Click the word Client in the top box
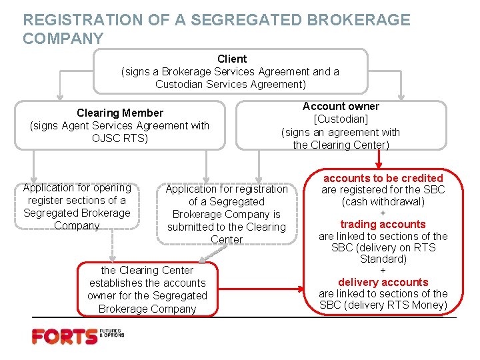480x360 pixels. click(231, 59)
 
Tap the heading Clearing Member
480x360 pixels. click(119, 113)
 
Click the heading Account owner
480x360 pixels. click(341, 106)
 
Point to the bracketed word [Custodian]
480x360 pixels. click(341, 119)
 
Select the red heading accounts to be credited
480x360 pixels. click(383, 178)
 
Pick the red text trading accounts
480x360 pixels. click(383, 224)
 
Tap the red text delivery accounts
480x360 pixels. click(383, 282)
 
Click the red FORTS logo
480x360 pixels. click(64, 337)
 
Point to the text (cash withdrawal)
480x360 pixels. click(383, 201)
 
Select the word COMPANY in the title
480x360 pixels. click(63, 39)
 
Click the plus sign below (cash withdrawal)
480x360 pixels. click(383, 213)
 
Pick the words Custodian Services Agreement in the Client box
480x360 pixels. click(231, 84)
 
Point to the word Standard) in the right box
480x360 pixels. click(383, 259)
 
